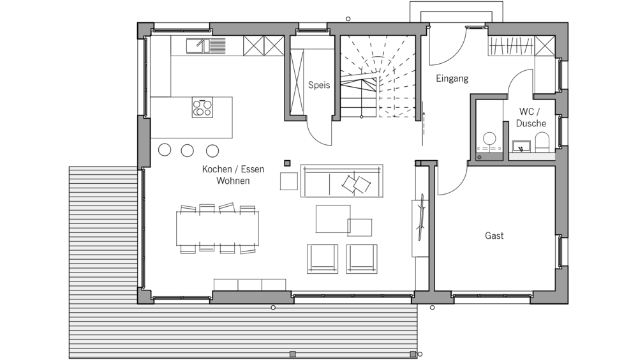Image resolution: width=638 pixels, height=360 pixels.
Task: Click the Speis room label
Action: click(x=319, y=86)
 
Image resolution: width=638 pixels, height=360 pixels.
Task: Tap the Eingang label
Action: click(x=452, y=79)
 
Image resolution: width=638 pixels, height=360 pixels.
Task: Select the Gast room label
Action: click(x=494, y=236)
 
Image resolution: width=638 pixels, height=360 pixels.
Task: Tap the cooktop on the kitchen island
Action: click(x=202, y=108)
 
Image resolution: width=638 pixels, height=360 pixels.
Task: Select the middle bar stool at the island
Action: click(x=187, y=150)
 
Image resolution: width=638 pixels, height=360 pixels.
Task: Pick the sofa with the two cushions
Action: click(x=341, y=182)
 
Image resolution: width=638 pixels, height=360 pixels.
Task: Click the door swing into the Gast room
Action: click(x=450, y=179)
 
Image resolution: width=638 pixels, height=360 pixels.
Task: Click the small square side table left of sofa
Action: click(x=289, y=181)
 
